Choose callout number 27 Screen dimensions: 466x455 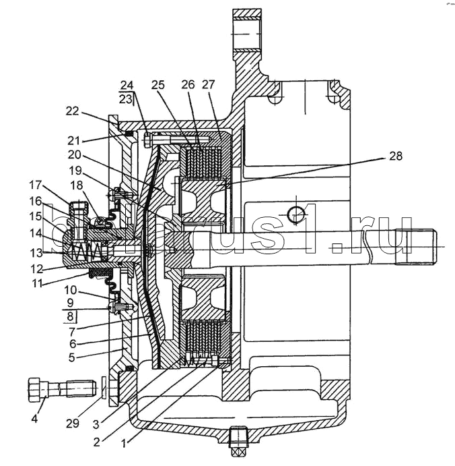207,85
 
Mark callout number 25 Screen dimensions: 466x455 157,85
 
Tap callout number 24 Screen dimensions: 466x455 127,85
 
